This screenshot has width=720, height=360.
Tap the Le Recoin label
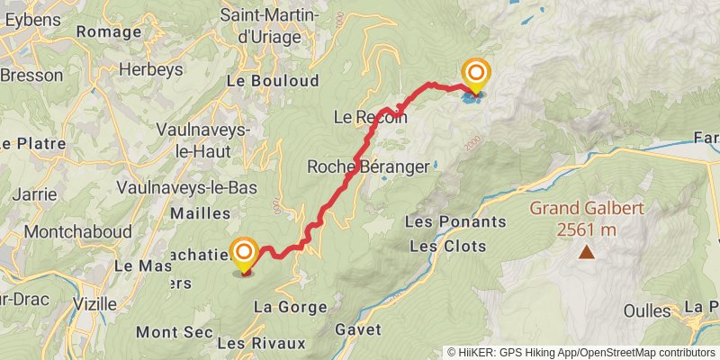click(x=370, y=117)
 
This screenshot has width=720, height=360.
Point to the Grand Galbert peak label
click(x=586, y=209)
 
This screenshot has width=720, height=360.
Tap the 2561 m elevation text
click(x=586, y=229)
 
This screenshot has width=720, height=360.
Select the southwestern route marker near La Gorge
click(x=244, y=256)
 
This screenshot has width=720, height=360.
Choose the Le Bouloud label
click(x=273, y=80)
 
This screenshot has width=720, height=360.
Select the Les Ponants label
click(x=445, y=221)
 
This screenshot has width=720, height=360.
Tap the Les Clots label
click(x=447, y=246)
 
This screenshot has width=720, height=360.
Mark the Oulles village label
click(x=647, y=311)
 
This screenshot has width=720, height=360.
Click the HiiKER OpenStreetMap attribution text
click(x=580, y=352)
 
